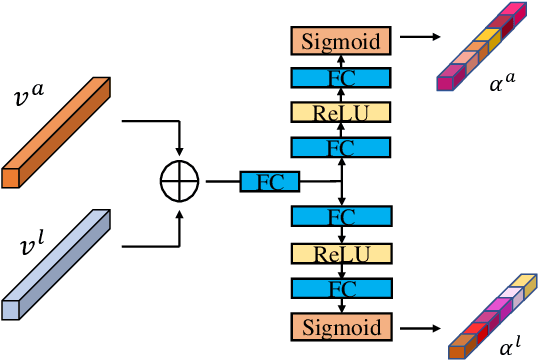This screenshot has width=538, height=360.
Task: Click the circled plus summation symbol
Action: click(180, 182)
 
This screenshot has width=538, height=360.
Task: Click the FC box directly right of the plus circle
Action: click(270, 182)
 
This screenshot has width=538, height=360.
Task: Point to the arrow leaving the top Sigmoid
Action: click(419, 40)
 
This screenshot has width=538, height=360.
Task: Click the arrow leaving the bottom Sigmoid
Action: click(419, 326)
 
